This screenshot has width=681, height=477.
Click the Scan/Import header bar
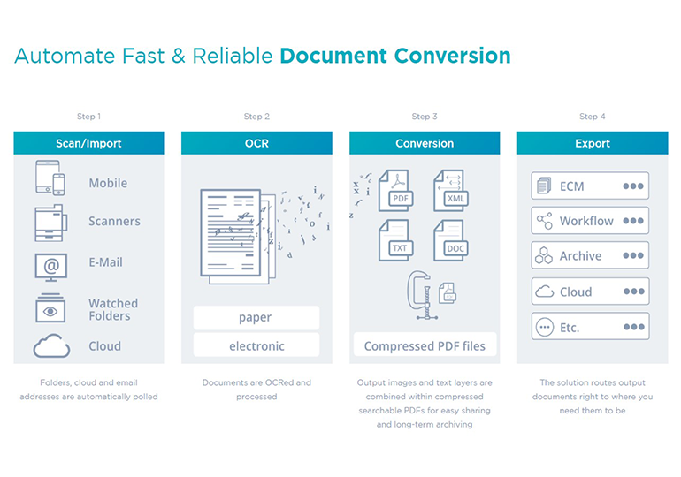pyautogui.click(x=88, y=143)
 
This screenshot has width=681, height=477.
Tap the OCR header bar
pyautogui.click(x=256, y=143)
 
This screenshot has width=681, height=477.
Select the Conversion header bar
pyautogui.click(x=425, y=143)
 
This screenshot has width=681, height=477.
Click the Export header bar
pyautogui.click(x=592, y=143)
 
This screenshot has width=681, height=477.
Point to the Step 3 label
pyautogui.click(x=424, y=117)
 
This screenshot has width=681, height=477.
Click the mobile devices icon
pyautogui.click(x=50, y=178)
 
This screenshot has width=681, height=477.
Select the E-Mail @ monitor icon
pyautogui.click(x=50, y=265)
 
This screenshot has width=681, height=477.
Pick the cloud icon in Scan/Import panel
pyautogui.click(x=51, y=346)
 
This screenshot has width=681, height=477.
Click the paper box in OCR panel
pyautogui.click(x=256, y=317)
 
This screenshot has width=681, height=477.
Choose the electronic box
pyautogui.click(x=256, y=346)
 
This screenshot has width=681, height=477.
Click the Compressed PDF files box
pyautogui.click(x=425, y=345)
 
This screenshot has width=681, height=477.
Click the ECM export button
pyautogui.click(x=590, y=186)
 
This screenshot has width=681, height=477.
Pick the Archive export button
pyautogui.click(x=590, y=256)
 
